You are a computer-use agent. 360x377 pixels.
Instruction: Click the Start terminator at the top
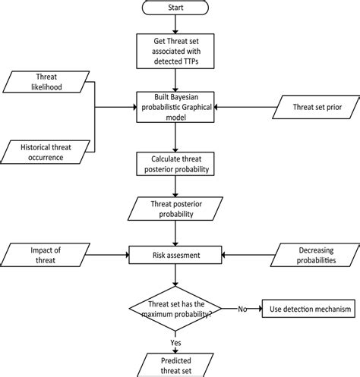pos(176,9)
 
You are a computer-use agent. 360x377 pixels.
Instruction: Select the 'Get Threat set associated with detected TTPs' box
pos(176,51)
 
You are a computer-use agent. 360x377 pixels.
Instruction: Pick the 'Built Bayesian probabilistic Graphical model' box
pos(176,106)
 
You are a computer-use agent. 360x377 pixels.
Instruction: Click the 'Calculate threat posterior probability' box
pos(176,163)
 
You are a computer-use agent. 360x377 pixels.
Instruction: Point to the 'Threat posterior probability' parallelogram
pos(176,209)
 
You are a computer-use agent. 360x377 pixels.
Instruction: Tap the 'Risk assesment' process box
pos(176,256)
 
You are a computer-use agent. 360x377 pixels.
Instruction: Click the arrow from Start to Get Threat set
pos(176,25)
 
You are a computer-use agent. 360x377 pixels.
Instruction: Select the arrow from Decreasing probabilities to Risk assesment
pos(247,256)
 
